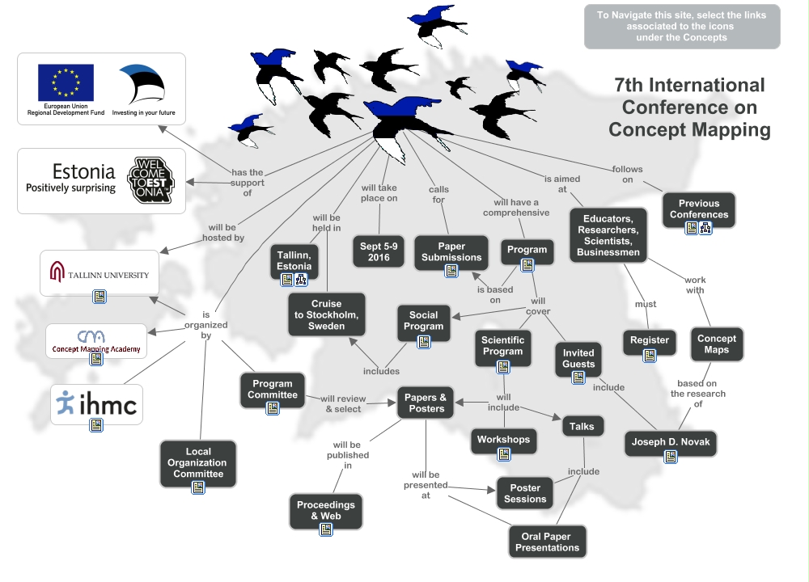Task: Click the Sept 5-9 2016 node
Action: pos(379,251)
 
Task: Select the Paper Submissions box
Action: pos(451,251)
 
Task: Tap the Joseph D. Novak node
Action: pos(671,442)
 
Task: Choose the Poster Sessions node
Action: pos(525,493)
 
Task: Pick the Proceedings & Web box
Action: pos(326,510)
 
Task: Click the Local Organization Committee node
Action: pos(198,463)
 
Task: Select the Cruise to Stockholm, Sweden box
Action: pos(327,315)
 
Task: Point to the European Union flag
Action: pos(66,82)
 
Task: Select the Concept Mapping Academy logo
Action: pos(96,340)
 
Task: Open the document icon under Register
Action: pos(650,356)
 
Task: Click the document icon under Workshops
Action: pos(503,454)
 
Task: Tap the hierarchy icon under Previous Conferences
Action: pos(705,228)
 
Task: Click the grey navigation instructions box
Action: pos(682,26)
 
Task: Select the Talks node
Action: pos(582,426)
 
